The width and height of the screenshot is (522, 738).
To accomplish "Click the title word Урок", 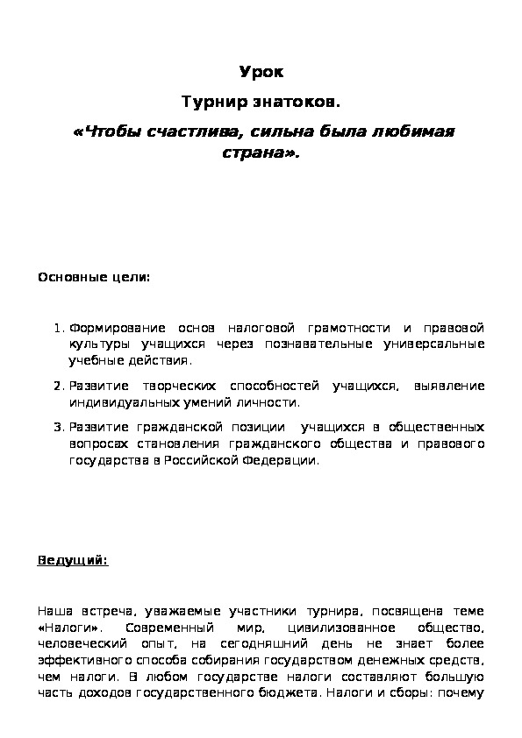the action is tap(261, 72).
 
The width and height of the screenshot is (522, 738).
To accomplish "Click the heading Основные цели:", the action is tap(94, 278).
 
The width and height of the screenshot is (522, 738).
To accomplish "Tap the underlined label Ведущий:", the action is tap(73, 561).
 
